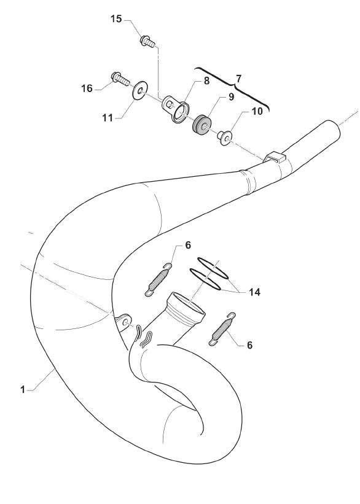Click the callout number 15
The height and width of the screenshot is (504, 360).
click(117, 19)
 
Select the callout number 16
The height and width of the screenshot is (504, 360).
click(87, 88)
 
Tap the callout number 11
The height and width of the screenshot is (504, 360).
click(108, 118)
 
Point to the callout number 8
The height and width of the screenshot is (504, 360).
click(206, 81)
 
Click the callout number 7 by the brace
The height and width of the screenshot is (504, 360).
click(238, 79)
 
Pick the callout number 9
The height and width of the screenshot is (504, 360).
click(232, 97)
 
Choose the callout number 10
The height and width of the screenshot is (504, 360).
click(257, 111)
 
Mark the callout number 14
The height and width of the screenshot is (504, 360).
click(254, 292)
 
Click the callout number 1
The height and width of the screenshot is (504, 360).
click(23, 390)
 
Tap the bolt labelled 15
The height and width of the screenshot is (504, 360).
click(147, 41)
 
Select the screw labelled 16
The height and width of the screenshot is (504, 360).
click(120, 78)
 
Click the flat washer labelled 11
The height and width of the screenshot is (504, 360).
click(140, 90)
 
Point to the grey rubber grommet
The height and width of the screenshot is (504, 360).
click(202, 126)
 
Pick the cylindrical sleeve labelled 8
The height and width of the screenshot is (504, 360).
click(175, 109)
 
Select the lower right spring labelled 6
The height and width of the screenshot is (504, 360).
click(222, 329)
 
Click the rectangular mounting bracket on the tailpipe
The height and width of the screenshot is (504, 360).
click(275, 157)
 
